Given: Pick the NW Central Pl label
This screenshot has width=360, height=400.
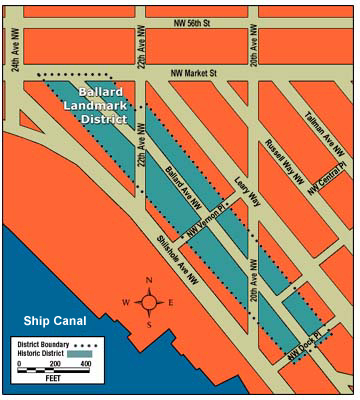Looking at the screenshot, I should coord(327,172).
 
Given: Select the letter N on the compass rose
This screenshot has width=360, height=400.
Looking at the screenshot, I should coord(149,280).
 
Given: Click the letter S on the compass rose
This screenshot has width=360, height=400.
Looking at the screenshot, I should coord(149,324).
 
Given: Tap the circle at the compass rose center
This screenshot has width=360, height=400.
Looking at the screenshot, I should coord(149,301).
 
